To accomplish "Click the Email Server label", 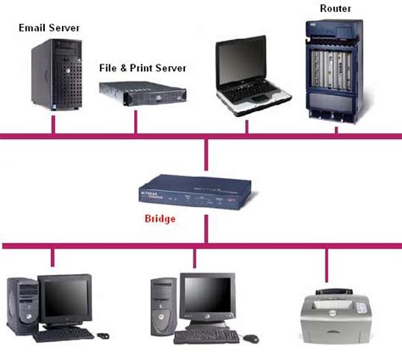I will [x=49, y=28].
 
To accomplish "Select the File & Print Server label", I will [x=142, y=68].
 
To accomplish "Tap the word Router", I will [x=336, y=8].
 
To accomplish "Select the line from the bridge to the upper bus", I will [x=206, y=157].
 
